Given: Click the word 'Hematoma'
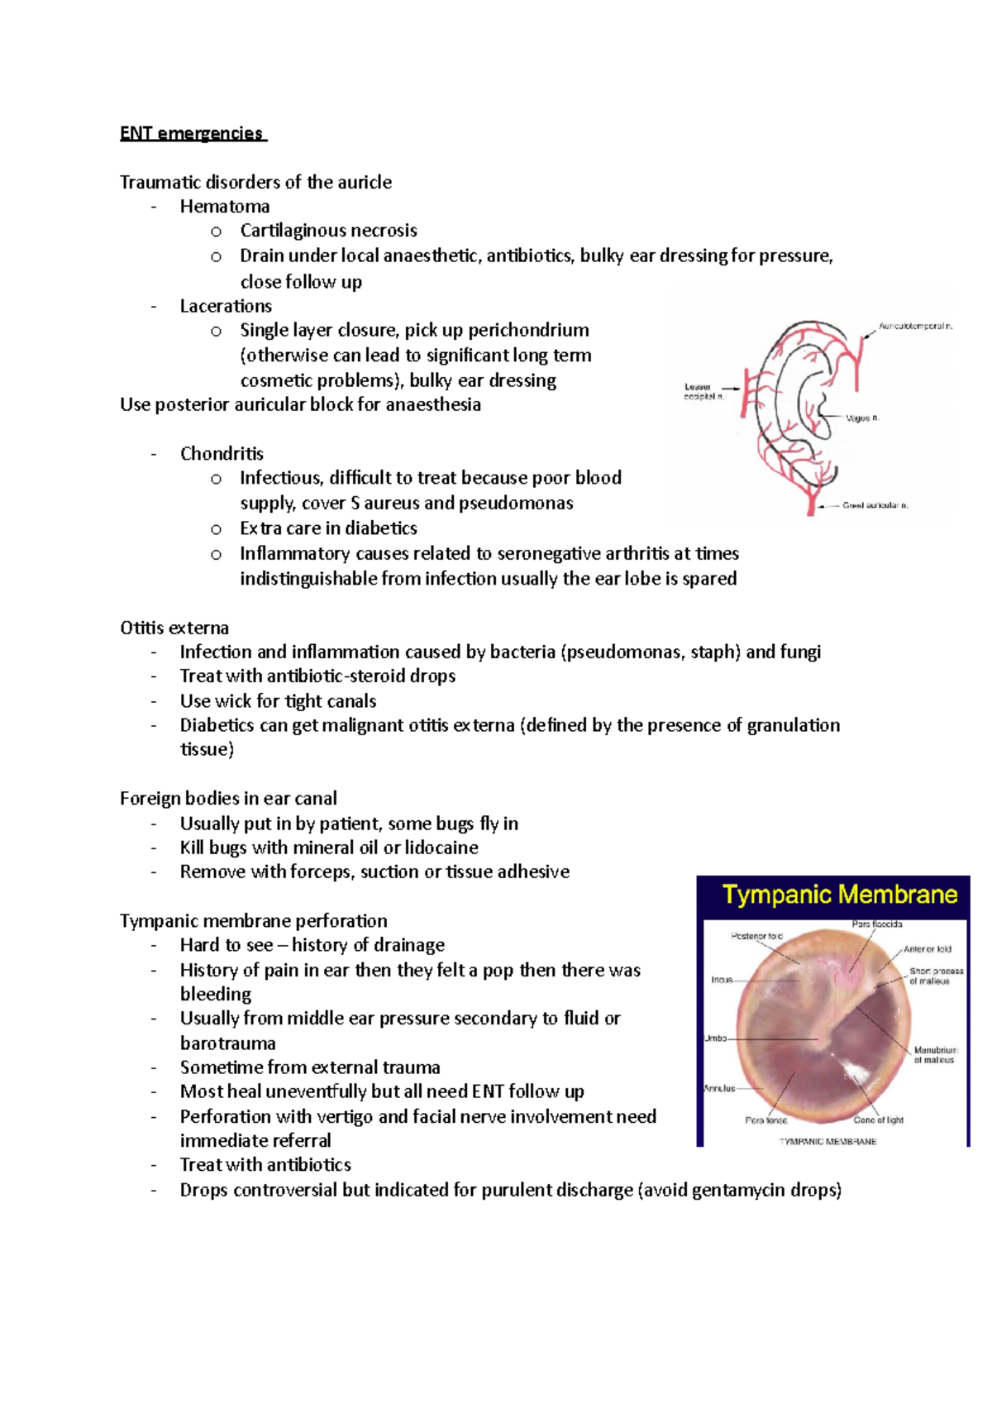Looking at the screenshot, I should click(x=225, y=207).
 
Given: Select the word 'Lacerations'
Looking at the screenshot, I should click(x=226, y=306).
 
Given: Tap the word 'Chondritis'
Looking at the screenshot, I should click(x=222, y=454).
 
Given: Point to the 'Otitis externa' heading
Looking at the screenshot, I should click(x=174, y=628).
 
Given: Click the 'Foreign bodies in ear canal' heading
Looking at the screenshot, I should click(x=228, y=799).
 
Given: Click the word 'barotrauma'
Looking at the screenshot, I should click(x=228, y=1043).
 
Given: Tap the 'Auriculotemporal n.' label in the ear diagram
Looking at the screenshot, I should click(x=915, y=327).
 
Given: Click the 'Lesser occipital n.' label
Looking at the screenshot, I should click(x=701, y=392).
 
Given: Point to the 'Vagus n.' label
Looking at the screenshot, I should click(x=863, y=418).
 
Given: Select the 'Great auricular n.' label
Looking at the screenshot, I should click(x=875, y=505).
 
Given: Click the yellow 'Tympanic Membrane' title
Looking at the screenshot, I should click(x=840, y=895).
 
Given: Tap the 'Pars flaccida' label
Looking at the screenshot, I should click(x=877, y=924).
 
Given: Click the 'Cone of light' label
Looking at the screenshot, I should click(x=879, y=1120).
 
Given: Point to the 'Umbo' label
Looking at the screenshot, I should click(x=716, y=1038).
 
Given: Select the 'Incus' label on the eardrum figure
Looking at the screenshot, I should click(x=723, y=980).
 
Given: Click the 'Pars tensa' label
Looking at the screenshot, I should click(x=766, y=1120).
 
